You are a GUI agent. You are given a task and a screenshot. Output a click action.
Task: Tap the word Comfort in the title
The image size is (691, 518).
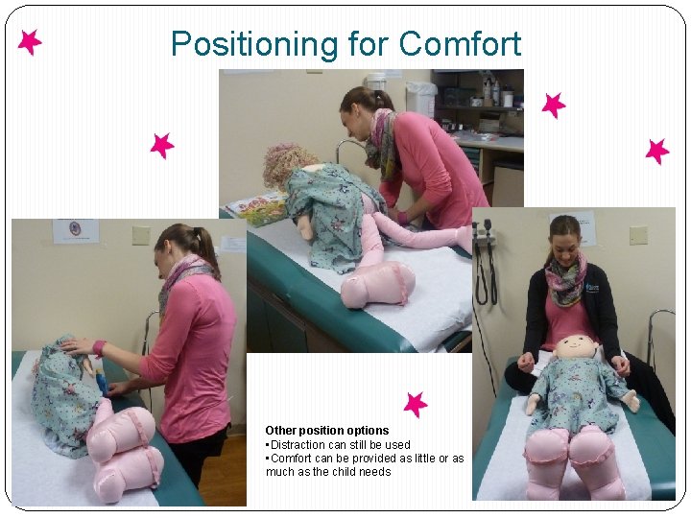click(460, 44)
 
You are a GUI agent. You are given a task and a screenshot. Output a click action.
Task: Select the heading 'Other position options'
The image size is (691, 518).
click(327, 431)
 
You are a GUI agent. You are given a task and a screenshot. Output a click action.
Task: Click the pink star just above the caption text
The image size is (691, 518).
click(415, 404)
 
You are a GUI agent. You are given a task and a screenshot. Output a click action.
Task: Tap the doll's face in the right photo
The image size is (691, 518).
click(578, 351)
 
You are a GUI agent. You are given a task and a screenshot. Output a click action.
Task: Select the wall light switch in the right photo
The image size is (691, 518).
click(638, 235)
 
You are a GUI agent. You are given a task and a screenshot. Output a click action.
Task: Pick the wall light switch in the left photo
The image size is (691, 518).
click(141, 236)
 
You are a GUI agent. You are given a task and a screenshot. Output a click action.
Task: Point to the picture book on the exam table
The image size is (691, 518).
click(257, 208)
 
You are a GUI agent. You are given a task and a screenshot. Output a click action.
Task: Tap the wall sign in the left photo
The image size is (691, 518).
click(76, 231)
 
